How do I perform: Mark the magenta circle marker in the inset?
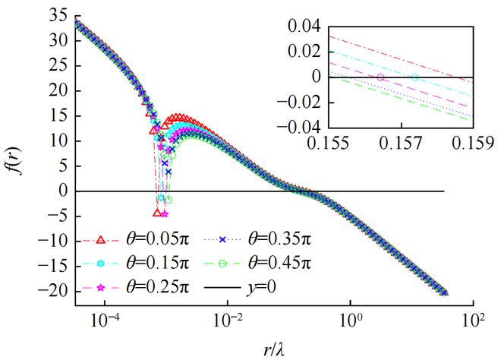tap(380, 77)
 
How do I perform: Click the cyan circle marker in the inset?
tap(414, 77)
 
